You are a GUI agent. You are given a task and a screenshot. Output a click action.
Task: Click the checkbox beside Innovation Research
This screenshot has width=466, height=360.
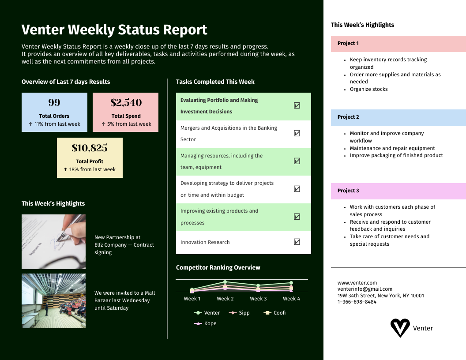pos(297,241)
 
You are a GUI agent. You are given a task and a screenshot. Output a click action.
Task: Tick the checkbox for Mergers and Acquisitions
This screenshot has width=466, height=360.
pos(297,133)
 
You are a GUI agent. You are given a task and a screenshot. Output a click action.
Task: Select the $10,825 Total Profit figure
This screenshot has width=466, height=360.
pos(90,148)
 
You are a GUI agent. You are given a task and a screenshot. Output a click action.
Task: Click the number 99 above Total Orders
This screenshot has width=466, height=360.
pos(54,102)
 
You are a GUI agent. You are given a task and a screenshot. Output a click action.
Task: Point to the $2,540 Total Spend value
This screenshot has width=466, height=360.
pos(126,102)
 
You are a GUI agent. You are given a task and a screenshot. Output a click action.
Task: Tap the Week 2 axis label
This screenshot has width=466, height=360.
pos(225,299)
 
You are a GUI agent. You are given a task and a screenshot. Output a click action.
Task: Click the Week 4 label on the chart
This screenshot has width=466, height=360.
pos(291,299)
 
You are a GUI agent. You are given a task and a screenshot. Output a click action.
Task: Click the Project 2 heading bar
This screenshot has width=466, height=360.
pos(398,117)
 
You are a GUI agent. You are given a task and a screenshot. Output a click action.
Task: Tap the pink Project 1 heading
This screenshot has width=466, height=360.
pos(398,44)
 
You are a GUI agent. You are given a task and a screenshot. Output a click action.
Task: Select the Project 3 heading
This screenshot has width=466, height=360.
pos(398,191)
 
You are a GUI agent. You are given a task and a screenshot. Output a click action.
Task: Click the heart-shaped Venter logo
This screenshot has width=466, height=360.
pos(400,328)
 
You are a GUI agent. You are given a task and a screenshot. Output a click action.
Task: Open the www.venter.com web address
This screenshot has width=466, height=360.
pos(357,283)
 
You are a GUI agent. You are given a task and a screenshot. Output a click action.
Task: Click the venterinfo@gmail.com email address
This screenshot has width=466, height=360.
pos(365,289)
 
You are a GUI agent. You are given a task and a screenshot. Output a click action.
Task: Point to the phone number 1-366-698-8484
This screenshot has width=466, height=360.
pos(357,302)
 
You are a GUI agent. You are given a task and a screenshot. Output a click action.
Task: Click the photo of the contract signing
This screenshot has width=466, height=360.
pos(53,242)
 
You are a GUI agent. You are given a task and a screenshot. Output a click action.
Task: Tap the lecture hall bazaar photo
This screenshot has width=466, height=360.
pos(53,301)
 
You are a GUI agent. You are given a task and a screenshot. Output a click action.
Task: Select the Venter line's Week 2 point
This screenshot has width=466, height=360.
pos(225,282)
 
